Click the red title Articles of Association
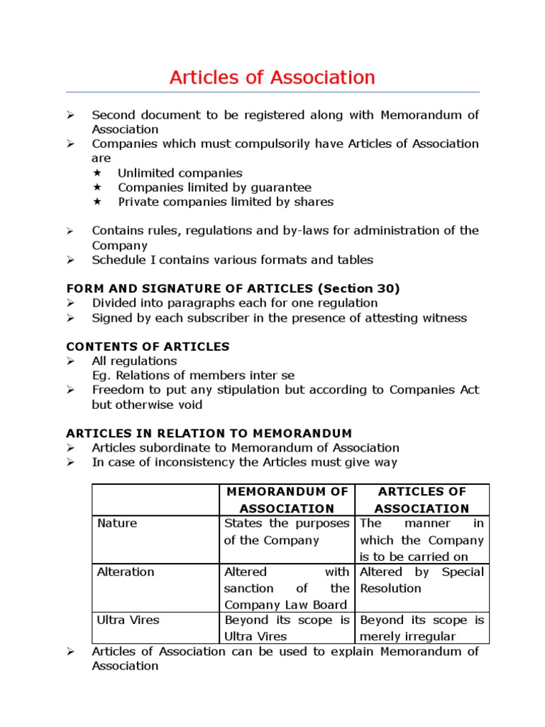tap(272, 77)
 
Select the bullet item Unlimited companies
tap(180, 173)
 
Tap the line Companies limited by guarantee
tap(214, 187)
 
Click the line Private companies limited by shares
tap(225, 202)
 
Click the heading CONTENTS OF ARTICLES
tap(148, 346)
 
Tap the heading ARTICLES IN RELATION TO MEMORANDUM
tap(209, 433)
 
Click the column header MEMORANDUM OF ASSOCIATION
tap(286, 500)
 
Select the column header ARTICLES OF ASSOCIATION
tap(422, 500)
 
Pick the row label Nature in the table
tap(117, 523)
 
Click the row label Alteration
tap(126, 572)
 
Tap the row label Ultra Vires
tap(128, 620)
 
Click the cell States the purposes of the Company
tap(286, 532)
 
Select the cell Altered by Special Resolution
tap(422, 580)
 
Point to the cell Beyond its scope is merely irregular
tap(422, 628)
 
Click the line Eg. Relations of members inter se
tap(193, 376)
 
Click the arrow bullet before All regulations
tap(71, 361)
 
